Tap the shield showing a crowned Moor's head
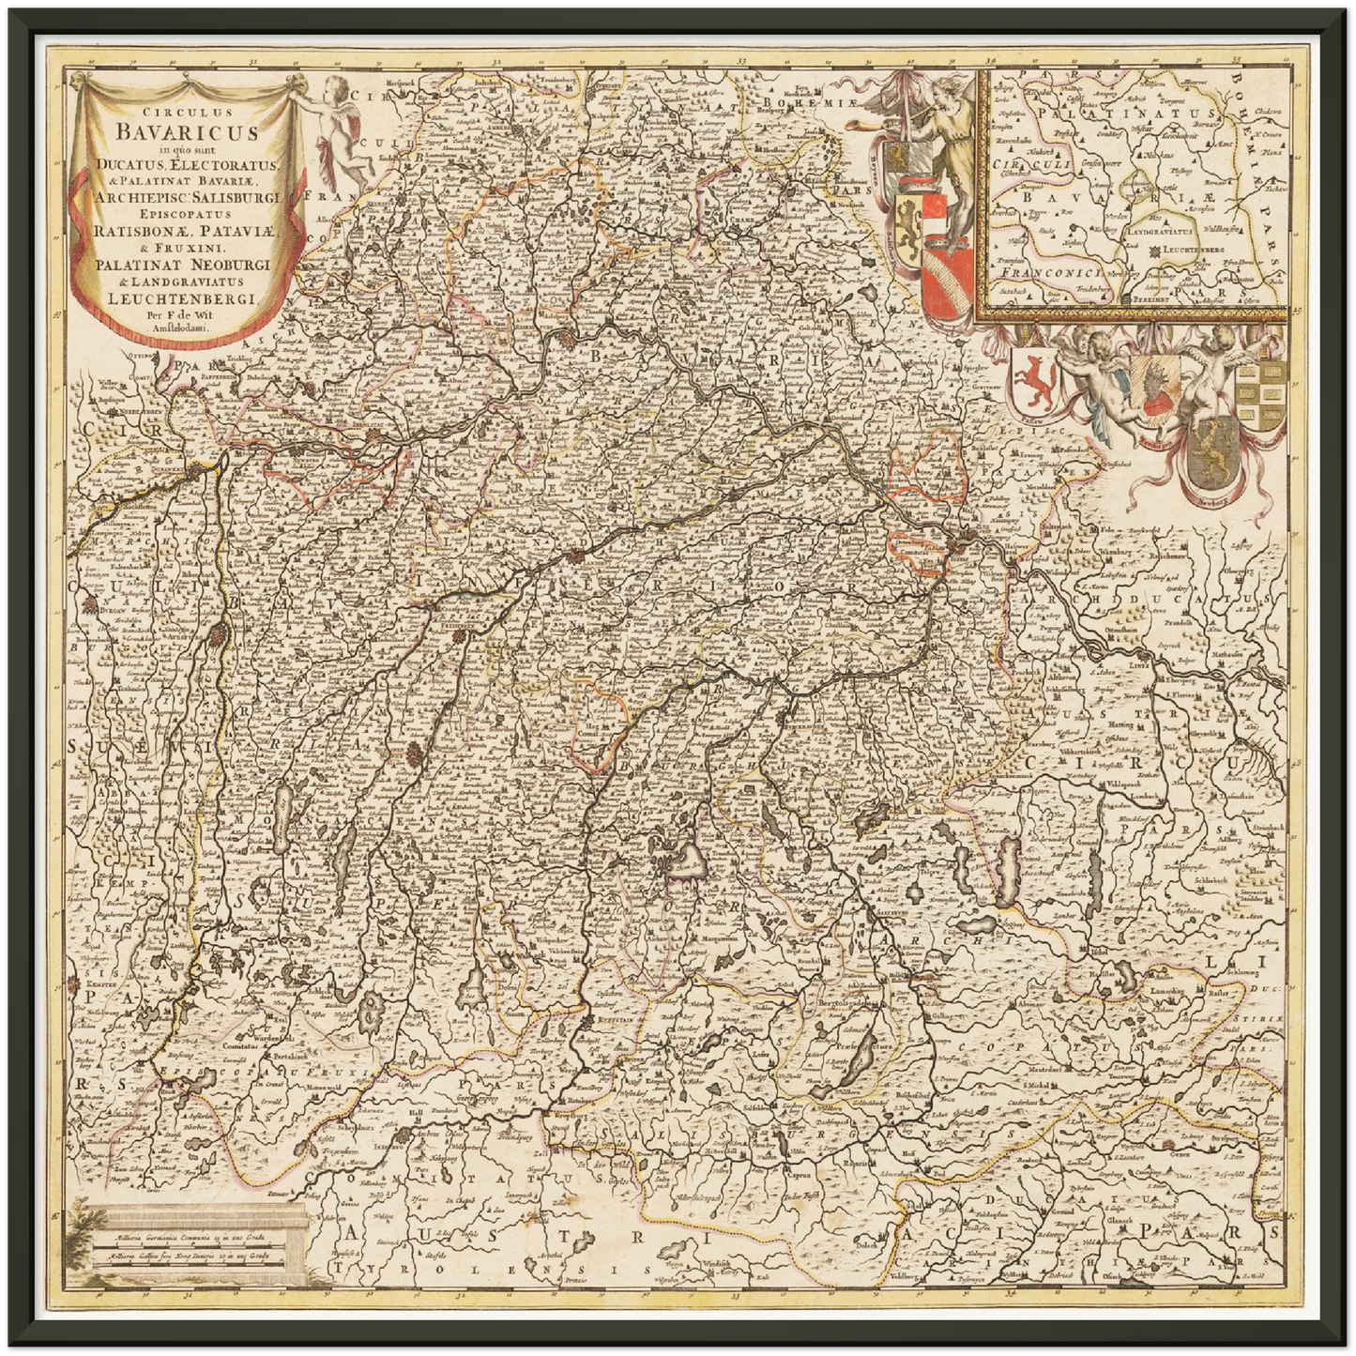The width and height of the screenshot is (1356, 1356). tap(1153, 387)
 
